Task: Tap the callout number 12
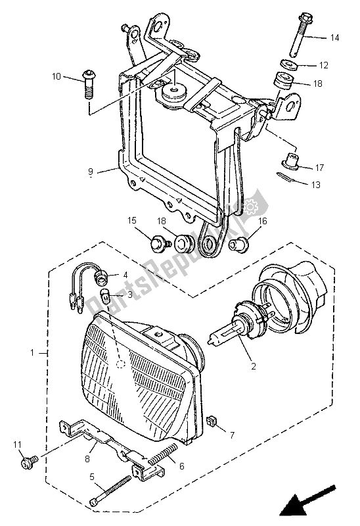tap(324, 65)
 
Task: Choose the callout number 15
tap(131, 220)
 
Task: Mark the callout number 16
tap(262, 222)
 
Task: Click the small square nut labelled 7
tap(212, 421)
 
